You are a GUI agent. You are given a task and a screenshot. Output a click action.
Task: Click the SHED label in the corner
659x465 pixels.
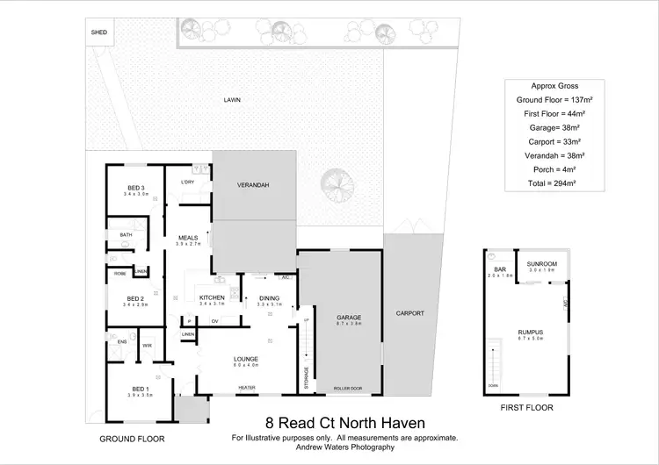pyautogui.click(x=98, y=32)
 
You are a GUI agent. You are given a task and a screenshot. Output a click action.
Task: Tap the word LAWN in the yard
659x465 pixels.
pyautogui.click(x=232, y=101)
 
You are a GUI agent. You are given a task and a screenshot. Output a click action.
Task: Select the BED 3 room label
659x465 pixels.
pyautogui.click(x=135, y=189)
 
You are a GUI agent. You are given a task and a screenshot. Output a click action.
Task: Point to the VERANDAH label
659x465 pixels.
pyautogui.click(x=253, y=185)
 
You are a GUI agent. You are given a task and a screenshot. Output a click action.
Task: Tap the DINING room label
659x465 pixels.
pyautogui.click(x=269, y=298)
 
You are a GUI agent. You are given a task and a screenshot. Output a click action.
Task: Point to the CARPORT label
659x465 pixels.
pyautogui.click(x=410, y=312)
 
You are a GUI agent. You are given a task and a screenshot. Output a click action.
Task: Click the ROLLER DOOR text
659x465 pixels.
pyautogui.click(x=349, y=387)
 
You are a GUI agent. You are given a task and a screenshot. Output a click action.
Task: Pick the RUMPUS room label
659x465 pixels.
pyautogui.click(x=530, y=332)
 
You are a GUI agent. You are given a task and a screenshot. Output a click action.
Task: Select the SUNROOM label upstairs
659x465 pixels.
pyautogui.click(x=541, y=263)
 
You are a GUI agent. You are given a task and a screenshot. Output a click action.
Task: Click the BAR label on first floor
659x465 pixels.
pyautogui.click(x=499, y=269)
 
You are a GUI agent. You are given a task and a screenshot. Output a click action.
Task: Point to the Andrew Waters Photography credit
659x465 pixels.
pyautogui.click(x=344, y=447)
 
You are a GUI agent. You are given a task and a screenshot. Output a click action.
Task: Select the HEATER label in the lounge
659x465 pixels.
pyautogui.click(x=247, y=387)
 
